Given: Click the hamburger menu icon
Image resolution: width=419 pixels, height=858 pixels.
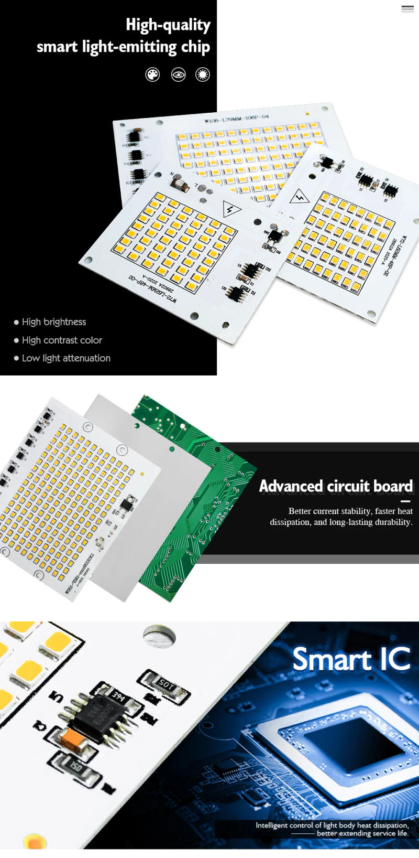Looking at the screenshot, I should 407,9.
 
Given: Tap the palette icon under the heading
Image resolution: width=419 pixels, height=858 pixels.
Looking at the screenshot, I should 152,75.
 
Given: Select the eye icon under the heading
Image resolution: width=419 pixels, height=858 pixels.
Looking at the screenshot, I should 178,75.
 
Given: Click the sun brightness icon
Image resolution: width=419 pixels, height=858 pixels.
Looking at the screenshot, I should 203,75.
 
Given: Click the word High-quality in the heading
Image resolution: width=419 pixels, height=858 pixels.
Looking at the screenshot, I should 168,25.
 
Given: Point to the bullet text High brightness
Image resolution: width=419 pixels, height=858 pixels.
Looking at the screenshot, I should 54,322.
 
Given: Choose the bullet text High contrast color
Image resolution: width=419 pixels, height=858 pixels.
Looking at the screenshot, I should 62,340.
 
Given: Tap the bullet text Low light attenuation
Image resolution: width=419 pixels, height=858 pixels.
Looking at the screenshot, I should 66,358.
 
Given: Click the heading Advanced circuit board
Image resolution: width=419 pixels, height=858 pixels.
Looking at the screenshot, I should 336,486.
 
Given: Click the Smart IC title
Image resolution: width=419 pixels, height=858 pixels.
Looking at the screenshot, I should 351,659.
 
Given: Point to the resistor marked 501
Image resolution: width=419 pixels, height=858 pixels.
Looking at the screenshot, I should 166,684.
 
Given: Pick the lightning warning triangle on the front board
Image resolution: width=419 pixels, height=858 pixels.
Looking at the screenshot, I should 231,208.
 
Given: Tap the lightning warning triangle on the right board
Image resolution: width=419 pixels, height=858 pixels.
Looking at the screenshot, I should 300,197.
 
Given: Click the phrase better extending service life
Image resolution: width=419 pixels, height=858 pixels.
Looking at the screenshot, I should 362,833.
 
